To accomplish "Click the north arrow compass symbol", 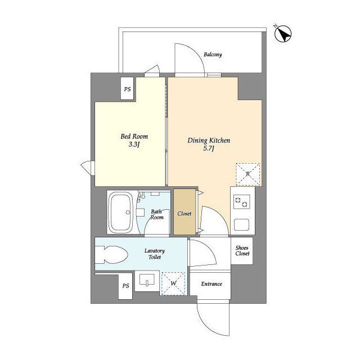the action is [283, 34].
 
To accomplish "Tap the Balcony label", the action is [213, 55].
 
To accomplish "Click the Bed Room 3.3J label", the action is [134, 140].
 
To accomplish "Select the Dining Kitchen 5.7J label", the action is [209, 145].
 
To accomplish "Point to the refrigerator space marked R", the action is [248, 174].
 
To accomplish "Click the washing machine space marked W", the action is [173, 283].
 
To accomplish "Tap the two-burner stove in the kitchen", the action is [242, 201].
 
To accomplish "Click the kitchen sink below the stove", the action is [241, 224].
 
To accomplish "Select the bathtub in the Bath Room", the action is [120, 213].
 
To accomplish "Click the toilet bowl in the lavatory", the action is [111, 255].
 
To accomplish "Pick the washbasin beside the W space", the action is [147, 281].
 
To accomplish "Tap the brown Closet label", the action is [184, 214].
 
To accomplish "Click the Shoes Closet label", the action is [242, 251].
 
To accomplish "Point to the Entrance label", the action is [211, 284].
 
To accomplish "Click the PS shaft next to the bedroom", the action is [128, 89].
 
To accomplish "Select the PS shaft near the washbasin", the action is [125, 286].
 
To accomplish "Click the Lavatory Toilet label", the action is [155, 254].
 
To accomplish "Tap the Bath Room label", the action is [157, 214].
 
